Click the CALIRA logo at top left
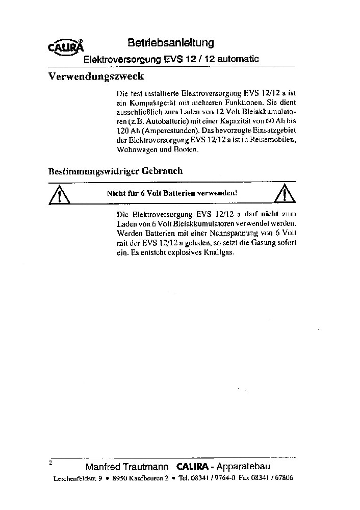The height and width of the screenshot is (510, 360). [65, 47]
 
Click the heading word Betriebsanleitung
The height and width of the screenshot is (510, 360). [170, 43]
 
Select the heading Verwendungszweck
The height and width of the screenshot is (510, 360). [96, 78]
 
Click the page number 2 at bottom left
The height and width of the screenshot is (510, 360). [50, 464]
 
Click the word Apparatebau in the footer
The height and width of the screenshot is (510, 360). [244, 467]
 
